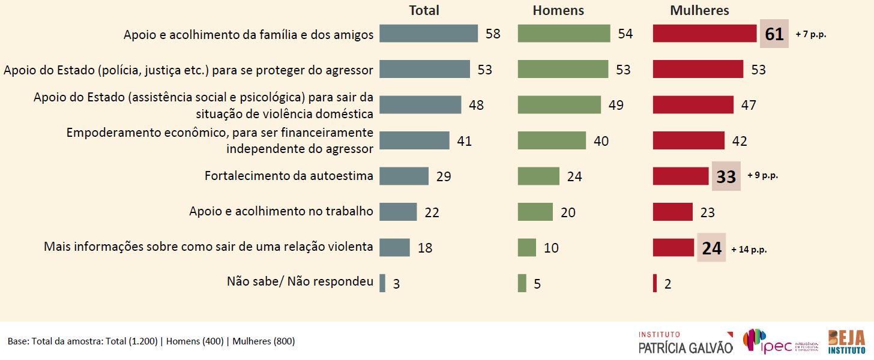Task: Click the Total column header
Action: pyautogui.click(x=424, y=10)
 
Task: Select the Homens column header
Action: pyautogui.click(x=558, y=10)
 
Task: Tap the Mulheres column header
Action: pyautogui.click(x=699, y=10)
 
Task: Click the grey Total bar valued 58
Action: pyautogui.click(x=429, y=34)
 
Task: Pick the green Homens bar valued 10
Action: pyautogui.click(x=526, y=247)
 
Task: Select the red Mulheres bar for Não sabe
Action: pyautogui.click(x=655, y=283)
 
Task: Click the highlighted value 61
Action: pyautogui.click(x=774, y=34)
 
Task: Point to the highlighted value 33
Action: pyautogui.click(x=726, y=176)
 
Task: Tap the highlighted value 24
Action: pyautogui.click(x=711, y=248)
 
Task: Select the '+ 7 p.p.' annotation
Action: pyautogui.click(x=811, y=35)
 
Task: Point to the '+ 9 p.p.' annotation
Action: pyautogui.click(x=763, y=176)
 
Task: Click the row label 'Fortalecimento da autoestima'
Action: pyautogui.click(x=289, y=176)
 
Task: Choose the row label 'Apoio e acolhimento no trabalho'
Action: pyautogui.click(x=281, y=211)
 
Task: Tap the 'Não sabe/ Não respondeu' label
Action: pyautogui.click(x=300, y=281)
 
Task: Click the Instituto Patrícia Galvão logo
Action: pyautogui.click(x=685, y=342)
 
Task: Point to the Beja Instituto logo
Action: pyautogui.click(x=846, y=341)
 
